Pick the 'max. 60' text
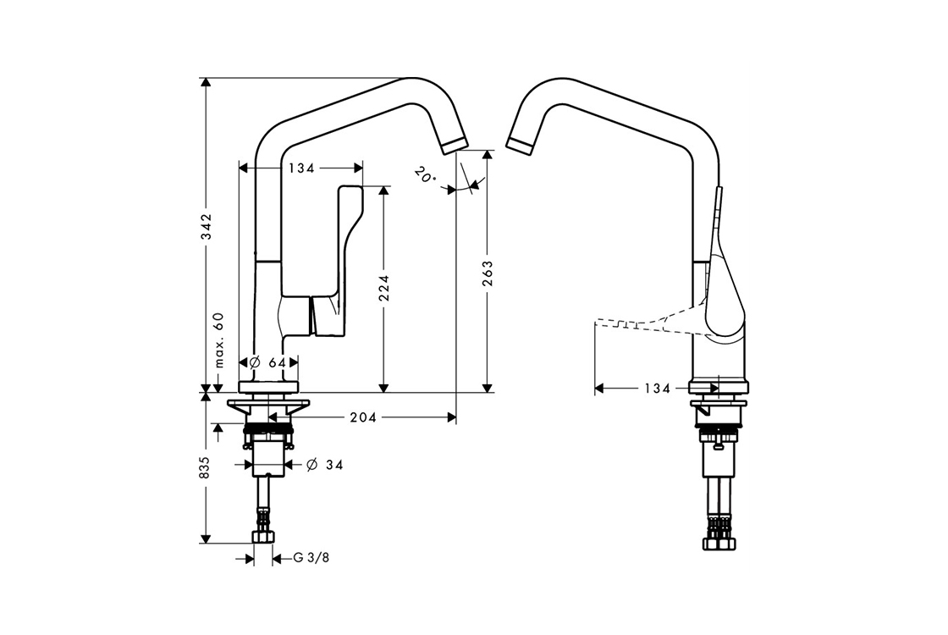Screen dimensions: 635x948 (x=218, y=340)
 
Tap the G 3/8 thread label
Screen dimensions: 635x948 (x=311, y=558)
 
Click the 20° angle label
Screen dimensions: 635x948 (x=425, y=176)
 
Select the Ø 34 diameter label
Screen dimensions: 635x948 (x=324, y=465)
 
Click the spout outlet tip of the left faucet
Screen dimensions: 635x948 (x=455, y=145)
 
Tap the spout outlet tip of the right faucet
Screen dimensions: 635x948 (x=519, y=144)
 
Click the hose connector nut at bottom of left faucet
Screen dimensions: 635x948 (x=264, y=538)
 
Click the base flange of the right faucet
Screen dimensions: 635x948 (x=719, y=389)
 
